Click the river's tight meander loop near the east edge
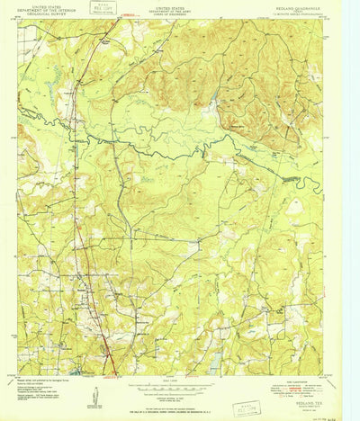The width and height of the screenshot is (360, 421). pos(310,184)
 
